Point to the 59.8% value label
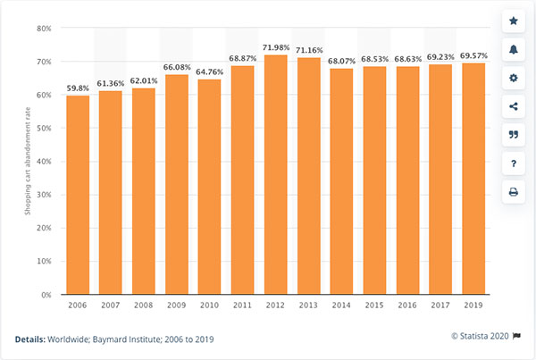pos(78,88)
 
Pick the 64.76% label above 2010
pos(209,71)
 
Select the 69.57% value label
pos(473,54)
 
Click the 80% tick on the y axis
pos(44,29)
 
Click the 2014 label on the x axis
pos(341,306)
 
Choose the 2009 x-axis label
pos(176,306)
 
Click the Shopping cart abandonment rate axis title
pos(28,161)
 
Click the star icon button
pos(513,21)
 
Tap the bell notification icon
pos(513,49)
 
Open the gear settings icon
pos(513,78)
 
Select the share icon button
pos(513,106)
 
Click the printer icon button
pos(513,191)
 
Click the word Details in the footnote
pos(32,339)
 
